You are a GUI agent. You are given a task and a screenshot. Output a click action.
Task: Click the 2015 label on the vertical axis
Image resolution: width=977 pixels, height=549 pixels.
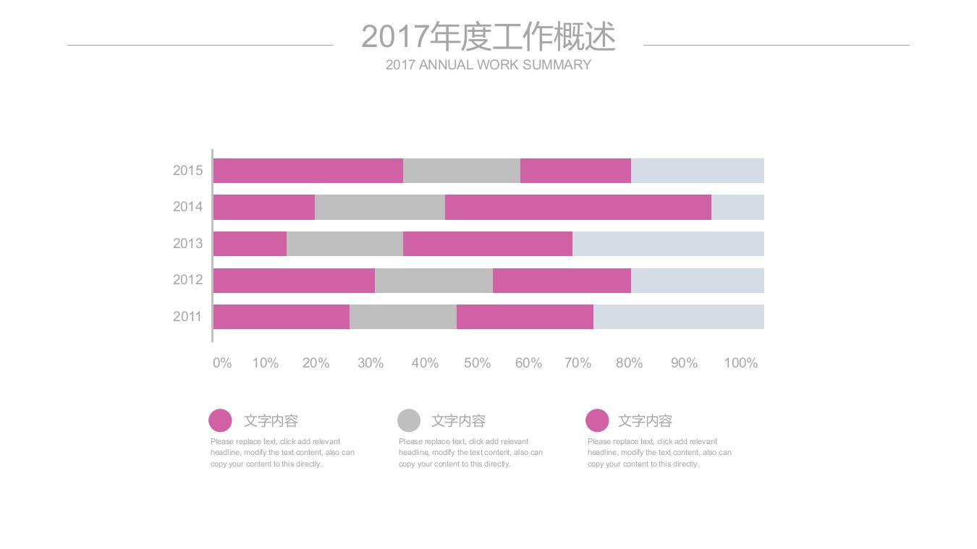click(x=187, y=171)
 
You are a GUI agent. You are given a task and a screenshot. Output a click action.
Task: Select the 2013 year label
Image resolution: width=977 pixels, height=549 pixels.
click(x=187, y=243)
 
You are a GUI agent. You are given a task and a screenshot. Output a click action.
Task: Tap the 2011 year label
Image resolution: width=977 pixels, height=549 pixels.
click(x=187, y=317)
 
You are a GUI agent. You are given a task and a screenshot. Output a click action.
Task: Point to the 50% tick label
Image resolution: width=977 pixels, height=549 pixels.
click(x=477, y=363)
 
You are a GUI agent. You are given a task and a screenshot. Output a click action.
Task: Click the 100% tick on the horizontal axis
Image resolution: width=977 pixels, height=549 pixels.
click(x=741, y=363)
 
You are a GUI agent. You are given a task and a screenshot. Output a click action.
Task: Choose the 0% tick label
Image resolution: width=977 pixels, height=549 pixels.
click(x=222, y=363)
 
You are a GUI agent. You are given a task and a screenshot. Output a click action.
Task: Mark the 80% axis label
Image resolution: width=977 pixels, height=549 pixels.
click(x=629, y=363)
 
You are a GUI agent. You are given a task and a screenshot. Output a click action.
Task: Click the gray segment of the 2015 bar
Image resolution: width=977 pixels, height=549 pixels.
click(x=462, y=171)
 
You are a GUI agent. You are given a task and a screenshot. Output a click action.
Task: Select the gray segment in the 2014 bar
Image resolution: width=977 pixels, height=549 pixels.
click(x=380, y=207)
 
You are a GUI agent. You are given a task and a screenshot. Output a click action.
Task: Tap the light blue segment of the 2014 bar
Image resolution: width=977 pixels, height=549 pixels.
click(x=737, y=207)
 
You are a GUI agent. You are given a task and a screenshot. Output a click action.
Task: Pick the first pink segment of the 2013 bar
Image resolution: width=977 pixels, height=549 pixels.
click(x=250, y=244)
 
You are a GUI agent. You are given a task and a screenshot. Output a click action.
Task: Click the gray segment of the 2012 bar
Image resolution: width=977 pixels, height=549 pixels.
click(x=433, y=281)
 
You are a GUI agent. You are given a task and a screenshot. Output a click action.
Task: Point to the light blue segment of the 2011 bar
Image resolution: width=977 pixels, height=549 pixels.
click(x=679, y=317)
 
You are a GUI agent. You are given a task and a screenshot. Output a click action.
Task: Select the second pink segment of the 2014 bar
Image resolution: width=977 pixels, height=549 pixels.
click(x=578, y=207)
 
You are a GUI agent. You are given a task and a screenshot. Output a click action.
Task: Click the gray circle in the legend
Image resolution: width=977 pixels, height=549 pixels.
click(x=409, y=420)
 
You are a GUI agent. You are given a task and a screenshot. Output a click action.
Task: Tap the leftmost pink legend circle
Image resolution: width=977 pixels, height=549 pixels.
click(x=220, y=420)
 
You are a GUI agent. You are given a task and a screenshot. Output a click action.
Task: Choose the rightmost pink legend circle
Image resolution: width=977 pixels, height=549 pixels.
click(x=597, y=420)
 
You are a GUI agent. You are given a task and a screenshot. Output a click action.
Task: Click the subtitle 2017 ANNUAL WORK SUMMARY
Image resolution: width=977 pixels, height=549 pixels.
click(x=488, y=65)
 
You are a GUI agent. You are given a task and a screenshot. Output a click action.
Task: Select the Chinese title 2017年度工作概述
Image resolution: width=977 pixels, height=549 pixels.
click(x=488, y=36)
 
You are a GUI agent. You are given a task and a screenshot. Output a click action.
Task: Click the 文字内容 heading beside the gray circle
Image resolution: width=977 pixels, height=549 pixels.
click(x=458, y=421)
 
